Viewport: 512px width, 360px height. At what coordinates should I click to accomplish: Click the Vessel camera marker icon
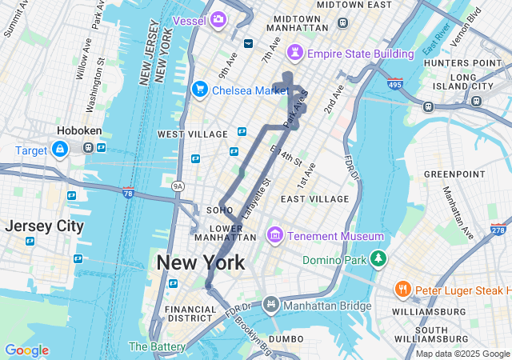tap(218, 18)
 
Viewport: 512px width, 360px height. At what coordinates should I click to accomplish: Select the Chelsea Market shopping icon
tap(200, 90)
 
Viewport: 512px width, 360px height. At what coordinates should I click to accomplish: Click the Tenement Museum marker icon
tap(276, 235)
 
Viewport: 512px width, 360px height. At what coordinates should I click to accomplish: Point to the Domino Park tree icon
tap(378, 259)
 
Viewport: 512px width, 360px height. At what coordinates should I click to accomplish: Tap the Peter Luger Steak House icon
tap(402, 288)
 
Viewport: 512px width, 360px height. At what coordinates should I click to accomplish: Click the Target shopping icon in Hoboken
tap(59, 149)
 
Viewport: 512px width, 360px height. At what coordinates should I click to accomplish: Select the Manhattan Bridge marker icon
tap(271, 305)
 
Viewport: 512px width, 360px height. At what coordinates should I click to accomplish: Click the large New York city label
tap(201, 262)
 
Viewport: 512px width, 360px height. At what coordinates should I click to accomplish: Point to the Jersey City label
tap(44, 226)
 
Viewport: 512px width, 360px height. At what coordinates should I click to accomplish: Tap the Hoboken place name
tap(78, 130)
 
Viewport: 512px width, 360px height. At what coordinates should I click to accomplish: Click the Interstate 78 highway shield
tap(128, 192)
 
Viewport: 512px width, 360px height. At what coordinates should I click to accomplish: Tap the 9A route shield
tap(178, 186)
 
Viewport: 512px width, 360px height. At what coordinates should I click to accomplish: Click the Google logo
tap(26, 350)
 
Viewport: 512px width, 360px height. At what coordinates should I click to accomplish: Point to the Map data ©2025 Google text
tap(462, 354)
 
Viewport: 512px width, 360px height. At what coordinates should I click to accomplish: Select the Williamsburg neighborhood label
tap(430, 311)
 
